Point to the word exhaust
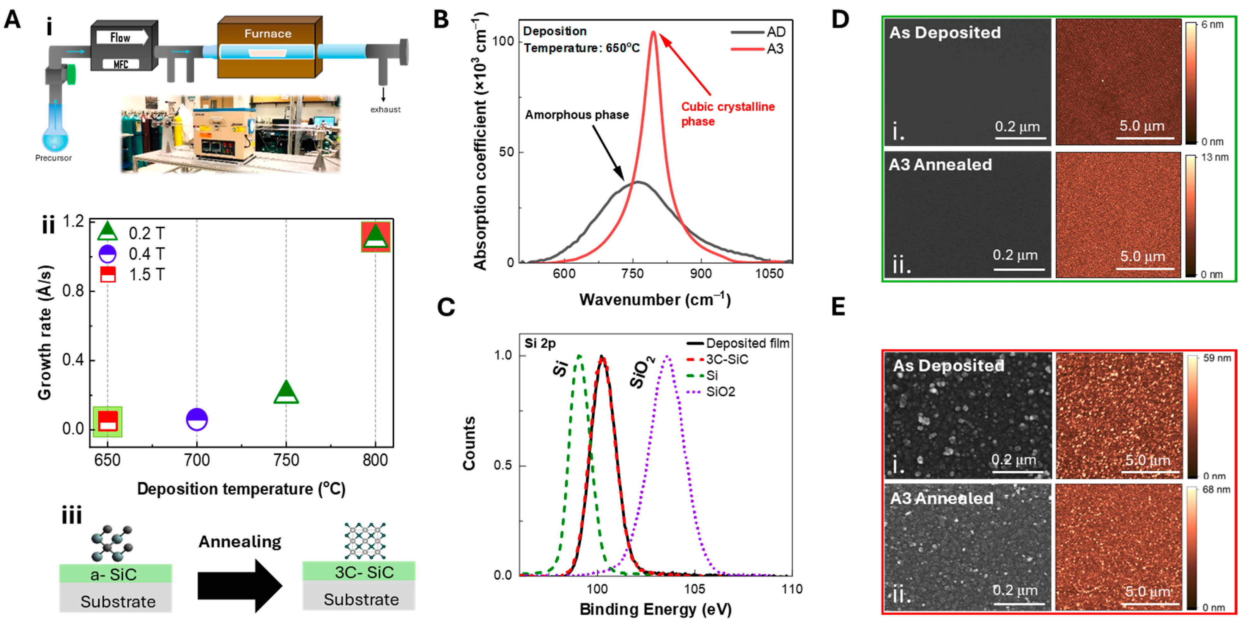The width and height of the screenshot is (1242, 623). [385, 109]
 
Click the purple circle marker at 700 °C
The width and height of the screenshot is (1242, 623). [197, 419]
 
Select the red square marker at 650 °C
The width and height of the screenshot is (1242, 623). [107, 421]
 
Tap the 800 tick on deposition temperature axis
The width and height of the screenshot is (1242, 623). [375, 460]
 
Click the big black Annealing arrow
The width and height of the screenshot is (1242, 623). [240, 586]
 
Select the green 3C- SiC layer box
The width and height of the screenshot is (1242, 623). [359, 572]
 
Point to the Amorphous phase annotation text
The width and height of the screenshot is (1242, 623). [577, 115]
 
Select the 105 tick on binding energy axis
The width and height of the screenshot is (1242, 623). [694, 589]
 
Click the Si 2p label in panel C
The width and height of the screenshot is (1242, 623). [540, 343]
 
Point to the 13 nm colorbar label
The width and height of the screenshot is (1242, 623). [1215, 157]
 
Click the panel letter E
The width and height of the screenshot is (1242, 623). [838, 307]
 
